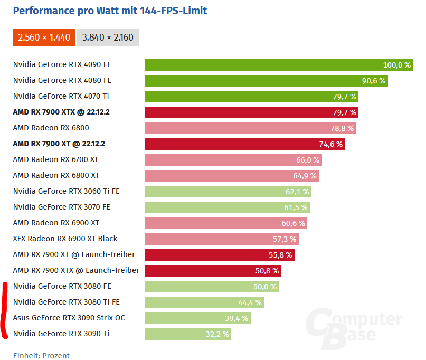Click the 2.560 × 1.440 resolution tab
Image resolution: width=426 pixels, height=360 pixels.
(44, 37)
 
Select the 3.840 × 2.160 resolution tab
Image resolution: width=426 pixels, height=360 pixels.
(108, 37)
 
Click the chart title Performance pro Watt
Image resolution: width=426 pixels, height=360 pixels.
(109, 11)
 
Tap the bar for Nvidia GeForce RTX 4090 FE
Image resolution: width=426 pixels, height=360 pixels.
(264, 65)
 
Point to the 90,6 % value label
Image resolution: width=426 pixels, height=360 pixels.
(373, 81)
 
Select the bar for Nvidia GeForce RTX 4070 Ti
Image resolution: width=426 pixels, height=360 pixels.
(238, 97)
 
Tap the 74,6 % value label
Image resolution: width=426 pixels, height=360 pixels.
(330, 144)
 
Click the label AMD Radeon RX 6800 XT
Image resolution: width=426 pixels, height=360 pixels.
(56, 175)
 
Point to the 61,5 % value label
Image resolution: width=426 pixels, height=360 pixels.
(296, 207)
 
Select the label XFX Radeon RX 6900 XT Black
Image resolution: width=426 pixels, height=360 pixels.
(65, 239)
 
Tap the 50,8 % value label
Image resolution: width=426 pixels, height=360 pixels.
(267, 271)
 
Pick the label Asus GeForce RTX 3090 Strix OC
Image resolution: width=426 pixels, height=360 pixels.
(69, 318)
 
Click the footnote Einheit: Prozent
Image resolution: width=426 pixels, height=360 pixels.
(41, 355)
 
